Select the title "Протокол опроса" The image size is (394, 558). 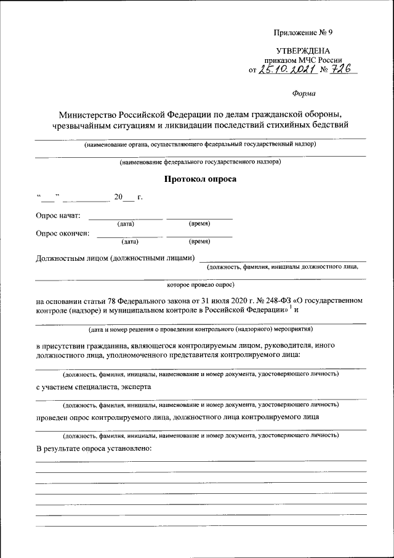[200, 179]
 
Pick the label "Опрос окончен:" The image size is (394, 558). [62, 233]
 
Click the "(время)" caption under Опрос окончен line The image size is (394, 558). [199, 242]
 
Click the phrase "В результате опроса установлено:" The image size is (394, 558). [94, 446]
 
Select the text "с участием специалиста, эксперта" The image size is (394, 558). [94, 387]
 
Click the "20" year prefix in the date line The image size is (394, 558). [118, 197]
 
